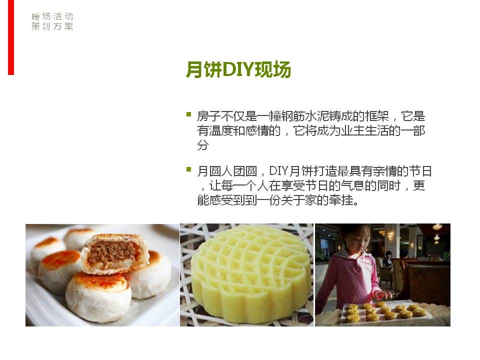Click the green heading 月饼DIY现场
pos(238,69)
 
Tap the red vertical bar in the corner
pos(11,37)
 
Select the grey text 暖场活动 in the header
pos(52,16)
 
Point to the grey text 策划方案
pos(52,26)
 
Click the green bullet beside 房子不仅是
pos(189,114)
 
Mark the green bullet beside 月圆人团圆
pos(189,169)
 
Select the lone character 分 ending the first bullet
pos(203,145)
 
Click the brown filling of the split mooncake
pos(111,253)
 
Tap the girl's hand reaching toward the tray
pos(382,295)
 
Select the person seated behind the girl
pos(388,260)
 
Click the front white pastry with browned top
pos(98,296)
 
